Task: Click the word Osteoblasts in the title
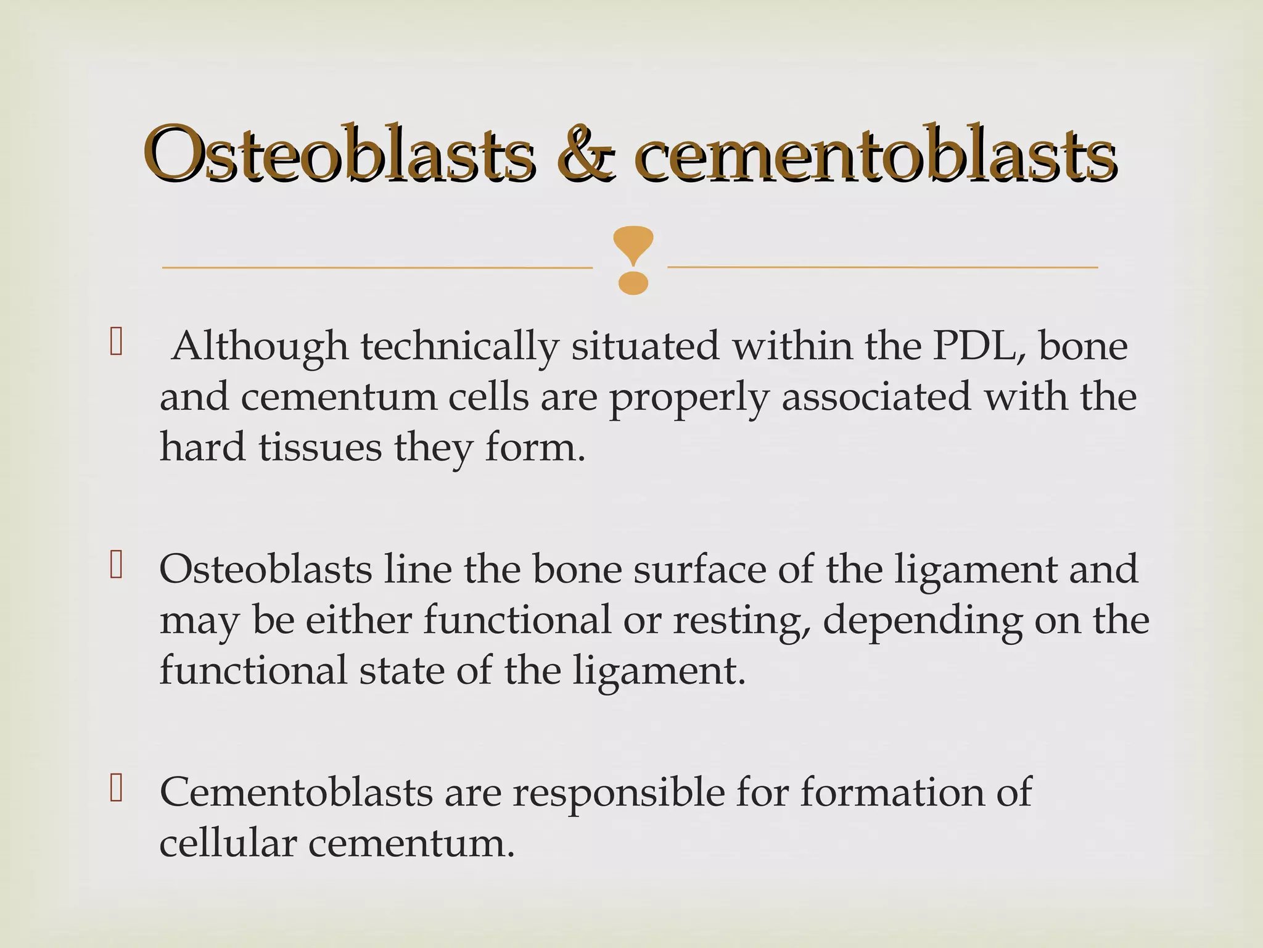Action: (x=339, y=154)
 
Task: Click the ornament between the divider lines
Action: (x=633, y=259)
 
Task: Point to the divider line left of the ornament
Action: (x=376, y=268)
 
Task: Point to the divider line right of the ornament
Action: (x=882, y=267)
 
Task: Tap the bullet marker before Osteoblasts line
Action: (x=116, y=565)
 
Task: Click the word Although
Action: (x=260, y=347)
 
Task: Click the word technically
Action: (x=459, y=347)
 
